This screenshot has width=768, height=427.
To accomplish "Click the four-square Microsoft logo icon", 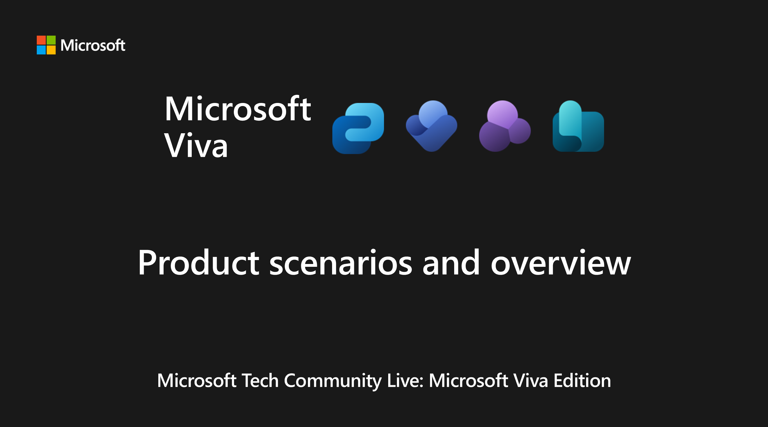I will tap(46, 45).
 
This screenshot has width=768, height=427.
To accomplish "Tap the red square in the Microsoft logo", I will tap(41, 40).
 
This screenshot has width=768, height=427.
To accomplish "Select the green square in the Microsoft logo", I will tap(51, 40).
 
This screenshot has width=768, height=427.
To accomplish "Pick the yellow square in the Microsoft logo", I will tap(51, 50).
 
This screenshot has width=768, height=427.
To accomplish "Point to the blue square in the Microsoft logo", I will tap(41, 50).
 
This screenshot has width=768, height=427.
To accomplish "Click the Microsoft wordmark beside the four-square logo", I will tap(93, 45).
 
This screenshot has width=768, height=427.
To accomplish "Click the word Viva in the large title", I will tap(196, 145).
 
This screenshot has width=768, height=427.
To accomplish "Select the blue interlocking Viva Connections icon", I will tap(358, 128).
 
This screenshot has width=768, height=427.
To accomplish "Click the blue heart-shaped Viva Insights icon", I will tap(431, 126).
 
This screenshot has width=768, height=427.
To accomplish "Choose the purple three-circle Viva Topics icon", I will tap(504, 126).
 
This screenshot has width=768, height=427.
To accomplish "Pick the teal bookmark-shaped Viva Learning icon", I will tap(578, 126).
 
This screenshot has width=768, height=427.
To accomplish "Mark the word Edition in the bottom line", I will tap(582, 380).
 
